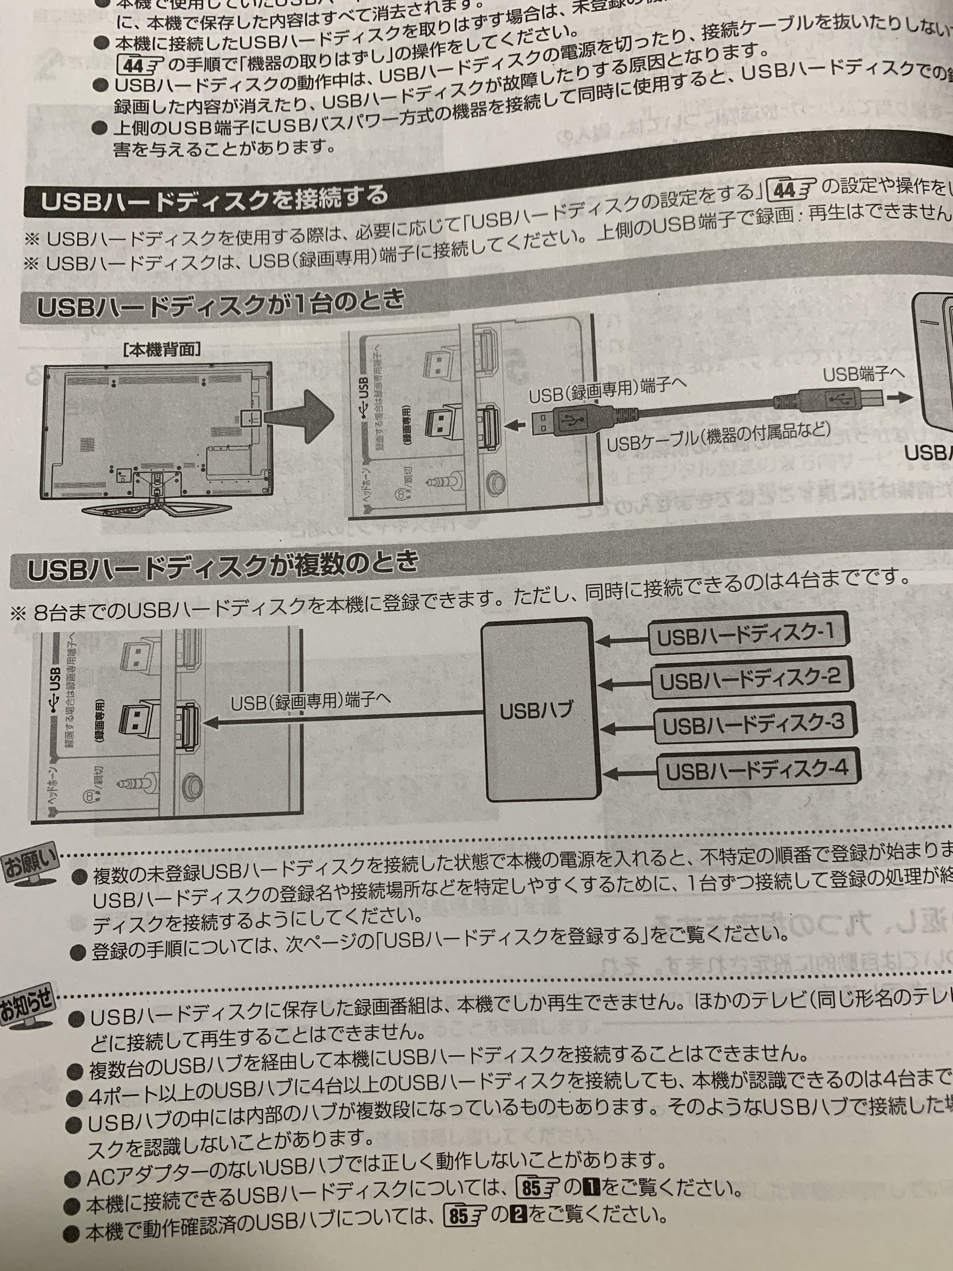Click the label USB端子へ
863,374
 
